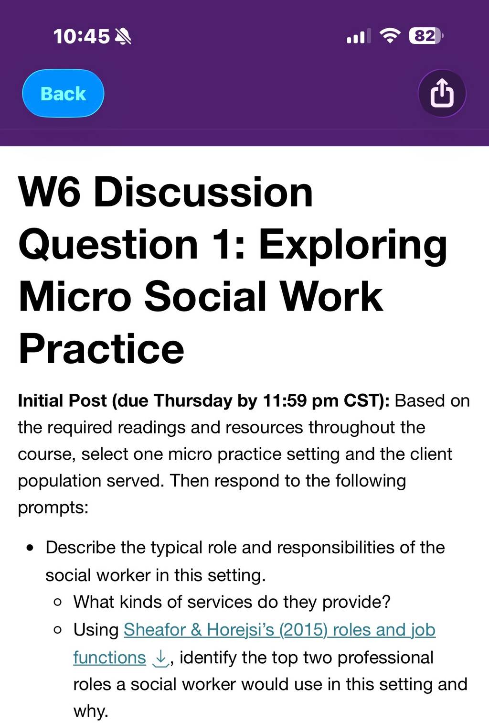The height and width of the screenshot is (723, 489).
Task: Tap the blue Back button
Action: pyautogui.click(x=63, y=93)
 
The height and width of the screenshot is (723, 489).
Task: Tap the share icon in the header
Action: pyautogui.click(x=442, y=93)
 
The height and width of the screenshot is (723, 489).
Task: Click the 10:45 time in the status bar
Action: pyautogui.click(x=82, y=36)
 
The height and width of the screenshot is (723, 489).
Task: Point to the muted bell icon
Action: pyautogui.click(x=123, y=36)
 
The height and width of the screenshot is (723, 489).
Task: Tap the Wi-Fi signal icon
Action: pyautogui.click(x=390, y=35)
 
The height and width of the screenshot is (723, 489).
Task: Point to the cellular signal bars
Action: pyautogui.click(x=359, y=36)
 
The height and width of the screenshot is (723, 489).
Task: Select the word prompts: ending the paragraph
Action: pyautogui.click(x=53, y=508)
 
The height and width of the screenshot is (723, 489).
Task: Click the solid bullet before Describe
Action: pyautogui.click(x=30, y=548)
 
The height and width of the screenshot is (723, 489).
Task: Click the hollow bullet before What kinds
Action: pyautogui.click(x=58, y=602)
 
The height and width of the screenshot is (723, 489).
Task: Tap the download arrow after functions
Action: pyautogui.click(x=160, y=658)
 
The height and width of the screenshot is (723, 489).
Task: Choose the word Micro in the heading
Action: pyautogui.click(x=75, y=296)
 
